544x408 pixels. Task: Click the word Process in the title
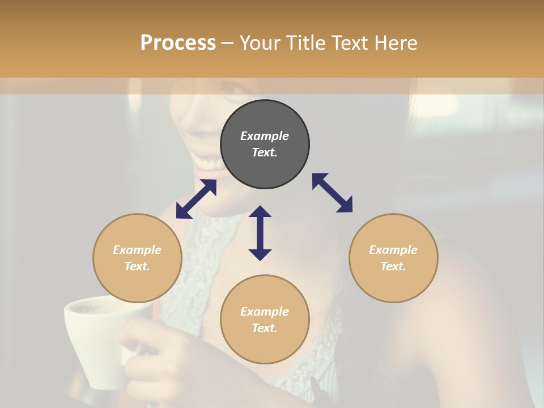(x=178, y=43)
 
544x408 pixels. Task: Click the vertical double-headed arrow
(x=260, y=233)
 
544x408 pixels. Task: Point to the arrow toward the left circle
(x=196, y=199)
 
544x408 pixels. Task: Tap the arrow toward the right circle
(x=332, y=193)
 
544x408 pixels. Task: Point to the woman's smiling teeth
(x=207, y=164)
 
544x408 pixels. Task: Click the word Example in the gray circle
(x=265, y=136)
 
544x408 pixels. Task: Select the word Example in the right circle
(x=393, y=250)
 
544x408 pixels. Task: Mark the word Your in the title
(x=258, y=43)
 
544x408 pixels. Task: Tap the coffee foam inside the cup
(x=91, y=308)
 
